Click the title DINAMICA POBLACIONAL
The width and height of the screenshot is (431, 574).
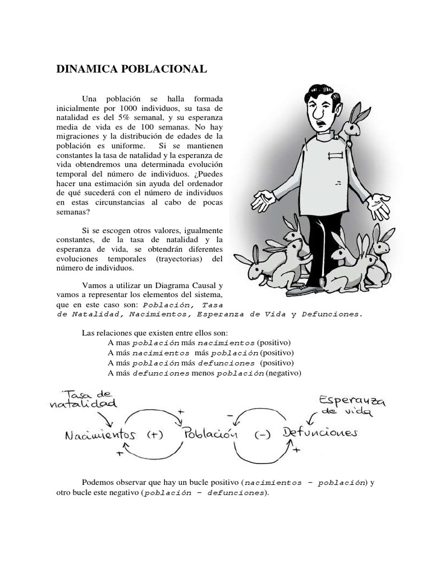[132, 69]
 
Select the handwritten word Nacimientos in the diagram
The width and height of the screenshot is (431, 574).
[101, 435]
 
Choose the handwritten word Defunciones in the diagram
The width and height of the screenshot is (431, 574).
[319, 433]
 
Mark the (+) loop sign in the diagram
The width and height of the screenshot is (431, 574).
[154, 436]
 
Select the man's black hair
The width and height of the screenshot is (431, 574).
[323, 93]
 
